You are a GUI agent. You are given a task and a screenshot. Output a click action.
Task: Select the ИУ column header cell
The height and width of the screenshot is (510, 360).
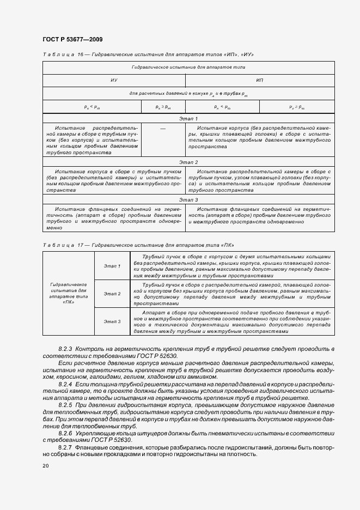(114, 80)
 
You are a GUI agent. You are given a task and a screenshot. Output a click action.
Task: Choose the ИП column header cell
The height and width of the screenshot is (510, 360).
(260, 80)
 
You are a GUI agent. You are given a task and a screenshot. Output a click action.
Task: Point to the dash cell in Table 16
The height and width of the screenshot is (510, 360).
(163, 127)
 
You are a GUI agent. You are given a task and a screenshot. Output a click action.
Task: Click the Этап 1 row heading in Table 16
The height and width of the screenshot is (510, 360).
(188, 118)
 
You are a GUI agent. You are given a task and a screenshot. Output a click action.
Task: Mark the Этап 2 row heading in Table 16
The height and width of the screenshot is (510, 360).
(188, 162)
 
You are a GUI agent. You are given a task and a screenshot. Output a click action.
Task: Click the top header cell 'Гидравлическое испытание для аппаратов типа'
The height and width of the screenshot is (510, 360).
(188, 68)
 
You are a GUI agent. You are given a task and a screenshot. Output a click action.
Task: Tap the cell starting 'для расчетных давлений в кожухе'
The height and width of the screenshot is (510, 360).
(188, 94)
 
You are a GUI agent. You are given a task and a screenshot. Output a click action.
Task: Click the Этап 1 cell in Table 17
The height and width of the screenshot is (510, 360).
(112, 266)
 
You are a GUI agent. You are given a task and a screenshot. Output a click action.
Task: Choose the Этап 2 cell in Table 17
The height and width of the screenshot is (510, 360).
(112, 294)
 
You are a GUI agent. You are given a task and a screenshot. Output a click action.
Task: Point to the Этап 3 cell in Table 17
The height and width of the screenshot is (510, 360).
(112, 322)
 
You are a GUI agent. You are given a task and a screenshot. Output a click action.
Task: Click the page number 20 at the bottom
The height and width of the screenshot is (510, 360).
(45, 466)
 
